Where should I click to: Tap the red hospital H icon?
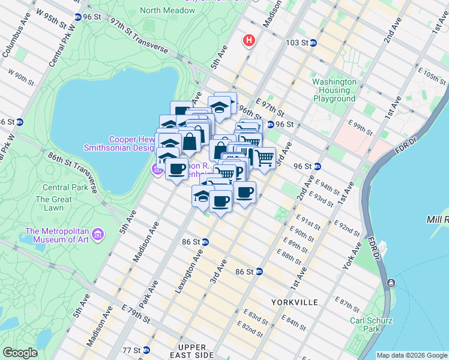[x=249, y=41]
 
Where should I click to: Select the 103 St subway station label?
[x=301, y=43]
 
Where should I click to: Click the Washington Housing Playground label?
[x=334, y=90]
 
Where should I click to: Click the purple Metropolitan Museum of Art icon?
[x=99, y=233]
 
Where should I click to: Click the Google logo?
[x=20, y=353]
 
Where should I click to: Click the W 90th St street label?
[x=20, y=79]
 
